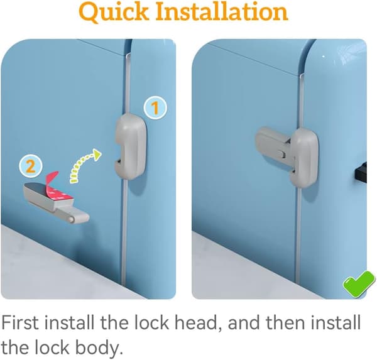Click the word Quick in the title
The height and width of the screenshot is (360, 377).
point(114,13)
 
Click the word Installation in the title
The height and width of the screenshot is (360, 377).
point(222,11)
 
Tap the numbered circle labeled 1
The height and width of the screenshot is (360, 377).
point(155,107)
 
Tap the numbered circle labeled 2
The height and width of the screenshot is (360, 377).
point(31,166)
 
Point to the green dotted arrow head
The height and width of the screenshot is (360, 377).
point(97,155)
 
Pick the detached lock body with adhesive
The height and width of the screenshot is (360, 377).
point(56,203)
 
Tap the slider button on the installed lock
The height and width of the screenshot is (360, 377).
point(281,154)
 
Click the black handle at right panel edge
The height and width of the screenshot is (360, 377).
point(361,172)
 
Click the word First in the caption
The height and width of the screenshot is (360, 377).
point(20,322)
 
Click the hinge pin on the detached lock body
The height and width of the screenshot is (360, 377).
point(71,219)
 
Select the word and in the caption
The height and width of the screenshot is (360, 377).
point(244,322)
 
